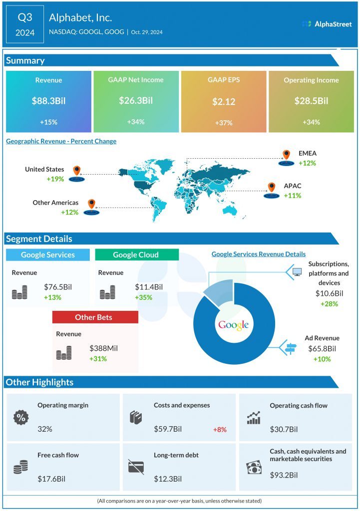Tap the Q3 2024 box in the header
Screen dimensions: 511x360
pos(25,24)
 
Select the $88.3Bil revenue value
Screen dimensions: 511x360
pos(48,101)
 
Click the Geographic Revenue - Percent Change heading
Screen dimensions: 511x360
pos(61,141)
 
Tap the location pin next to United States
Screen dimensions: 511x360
pos(76,171)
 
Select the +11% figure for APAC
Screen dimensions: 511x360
pos(292,196)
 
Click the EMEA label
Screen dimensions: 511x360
pos(308,154)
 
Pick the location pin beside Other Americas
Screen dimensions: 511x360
pos(91,204)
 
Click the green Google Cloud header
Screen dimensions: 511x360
pos(136,255)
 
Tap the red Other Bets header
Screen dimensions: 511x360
pos(95,317)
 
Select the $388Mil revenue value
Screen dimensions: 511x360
pos(104,348)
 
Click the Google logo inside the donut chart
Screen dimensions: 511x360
pos(233,325)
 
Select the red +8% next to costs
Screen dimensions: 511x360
pos(219,429)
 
